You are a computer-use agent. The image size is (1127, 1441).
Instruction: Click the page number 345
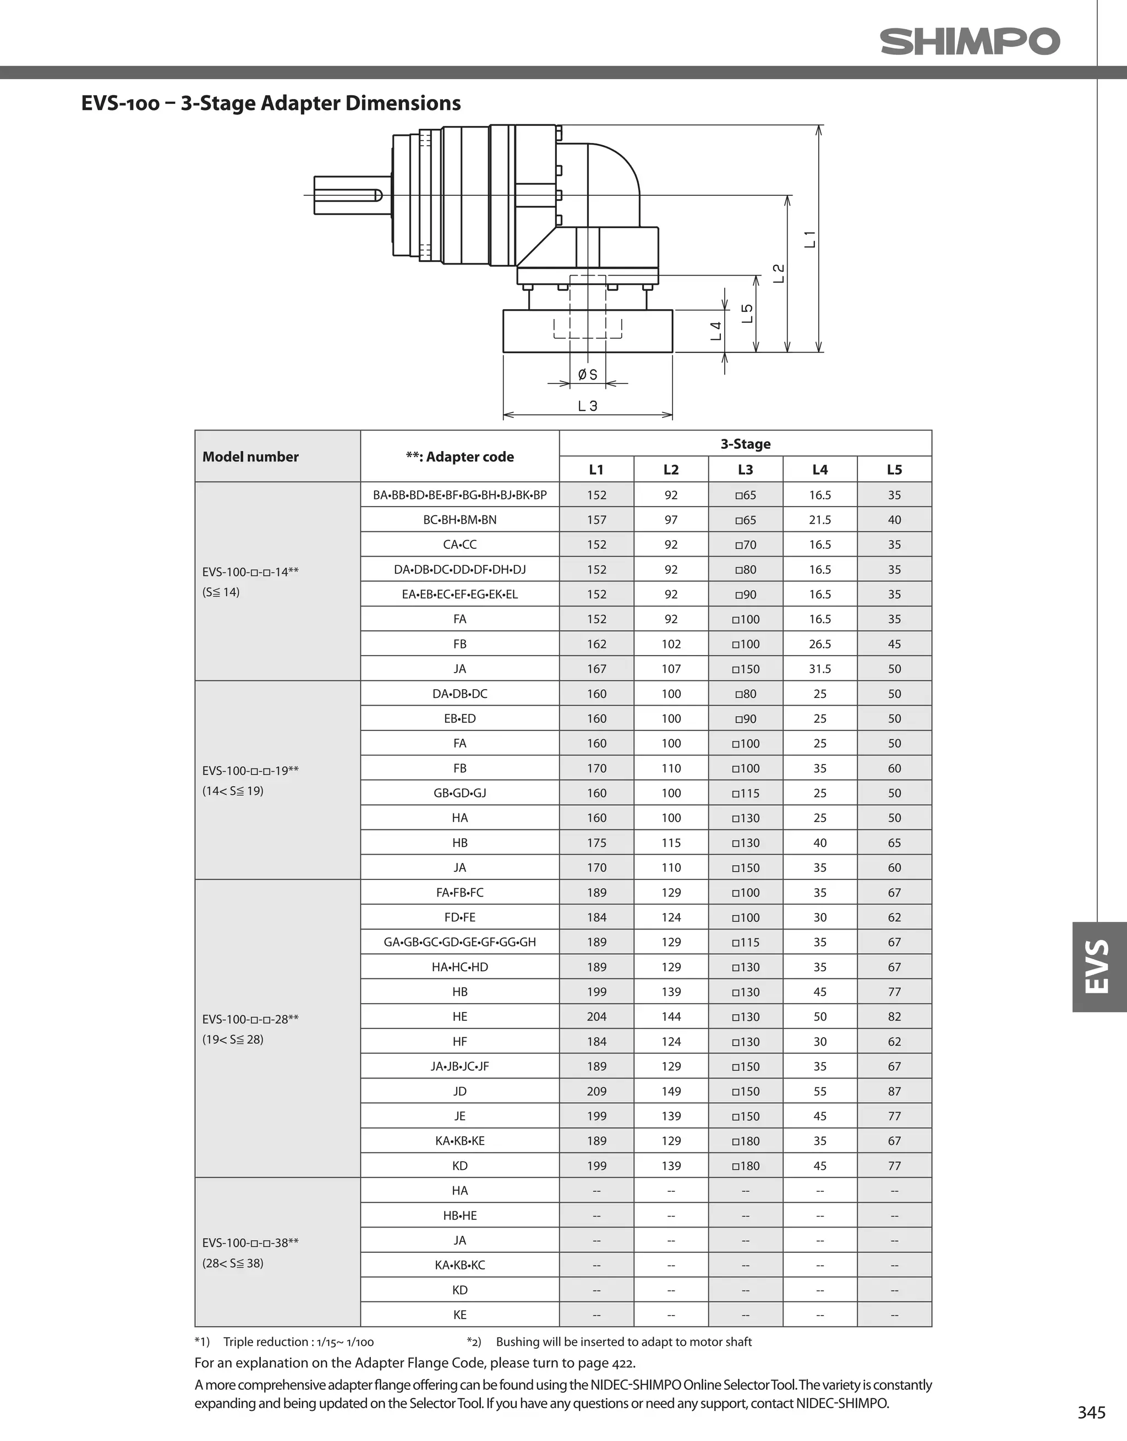pos(1091,1412)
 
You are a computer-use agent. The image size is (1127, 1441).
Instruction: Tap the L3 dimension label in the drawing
pos(587,406)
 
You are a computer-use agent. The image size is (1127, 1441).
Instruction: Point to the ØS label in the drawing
pos(587,375)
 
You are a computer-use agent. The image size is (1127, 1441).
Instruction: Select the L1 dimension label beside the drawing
pos(810,239)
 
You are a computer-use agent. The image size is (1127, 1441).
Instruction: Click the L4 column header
pos(819,469)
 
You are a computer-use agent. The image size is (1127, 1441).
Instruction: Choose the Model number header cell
pos(250,457)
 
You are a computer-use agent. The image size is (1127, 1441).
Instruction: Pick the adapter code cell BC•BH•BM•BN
pos(459,520)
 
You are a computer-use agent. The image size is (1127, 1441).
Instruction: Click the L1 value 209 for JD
pos(596,1091)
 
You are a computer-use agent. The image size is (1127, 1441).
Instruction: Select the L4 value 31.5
pos(819,669)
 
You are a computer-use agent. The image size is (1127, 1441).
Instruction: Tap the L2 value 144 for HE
pos(671,1017)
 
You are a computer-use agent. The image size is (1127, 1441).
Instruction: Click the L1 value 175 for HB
pos(596,843)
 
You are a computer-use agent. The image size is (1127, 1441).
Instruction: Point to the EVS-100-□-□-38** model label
pos(250,1243)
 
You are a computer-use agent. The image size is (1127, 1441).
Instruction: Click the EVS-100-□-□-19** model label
pos(250,771)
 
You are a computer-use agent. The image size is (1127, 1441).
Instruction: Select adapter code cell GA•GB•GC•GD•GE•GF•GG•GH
pos(459,942)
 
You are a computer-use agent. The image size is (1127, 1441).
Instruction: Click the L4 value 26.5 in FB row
pos(819,644)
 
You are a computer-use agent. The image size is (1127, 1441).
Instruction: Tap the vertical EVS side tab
pos(1098,966)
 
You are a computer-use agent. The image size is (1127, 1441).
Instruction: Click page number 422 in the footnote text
pos(621,1363)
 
